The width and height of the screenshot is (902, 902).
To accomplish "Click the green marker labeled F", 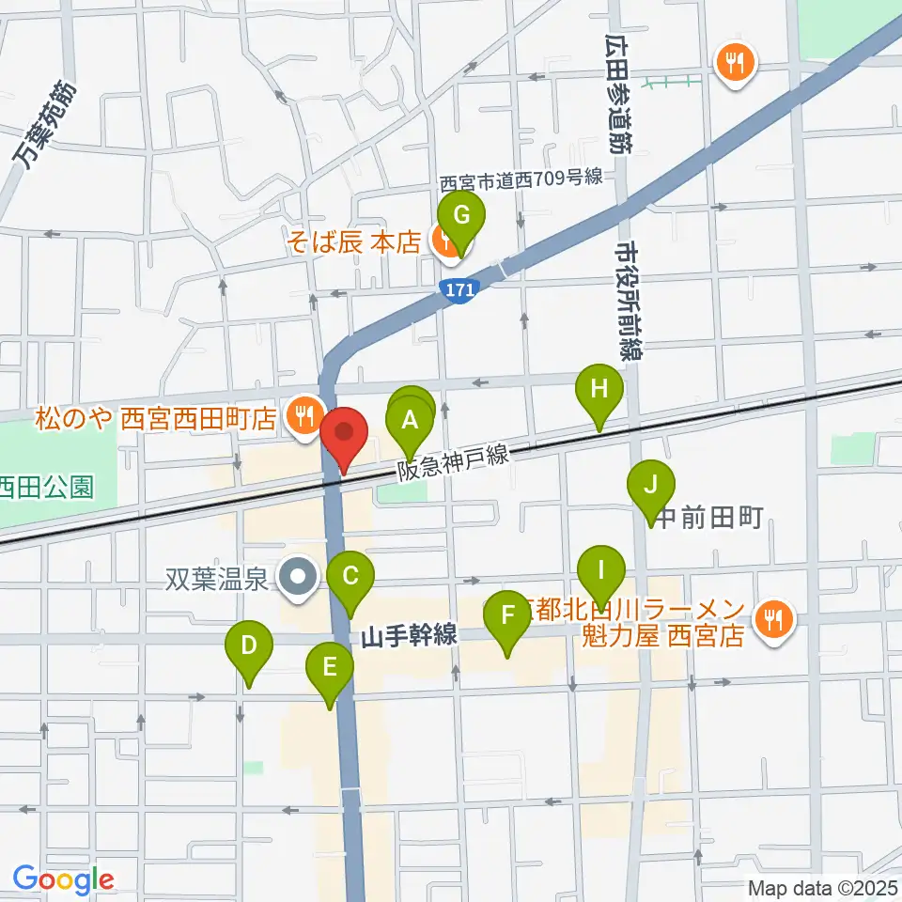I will pos(508,616).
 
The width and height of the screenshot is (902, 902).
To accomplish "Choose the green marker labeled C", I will pos(350,575).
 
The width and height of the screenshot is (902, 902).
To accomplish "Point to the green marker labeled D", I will pos(249,645).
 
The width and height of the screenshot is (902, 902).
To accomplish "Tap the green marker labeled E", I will pos(330,667).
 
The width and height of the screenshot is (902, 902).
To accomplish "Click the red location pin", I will pos(344,433).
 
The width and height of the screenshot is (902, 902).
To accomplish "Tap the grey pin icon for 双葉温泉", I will pos(300,574).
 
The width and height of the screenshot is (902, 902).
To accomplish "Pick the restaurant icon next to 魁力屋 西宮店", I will pos(774,618).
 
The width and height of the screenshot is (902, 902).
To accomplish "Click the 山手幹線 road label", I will pos(409,637).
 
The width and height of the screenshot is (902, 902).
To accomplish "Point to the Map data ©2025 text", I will pos(822,887).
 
